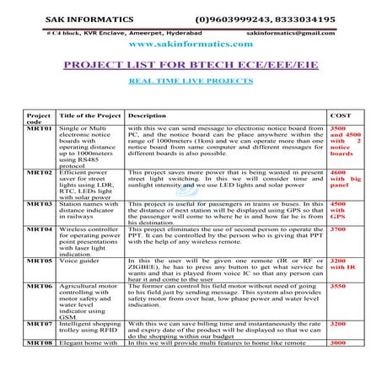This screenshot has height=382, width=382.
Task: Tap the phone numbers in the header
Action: [265, 18]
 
